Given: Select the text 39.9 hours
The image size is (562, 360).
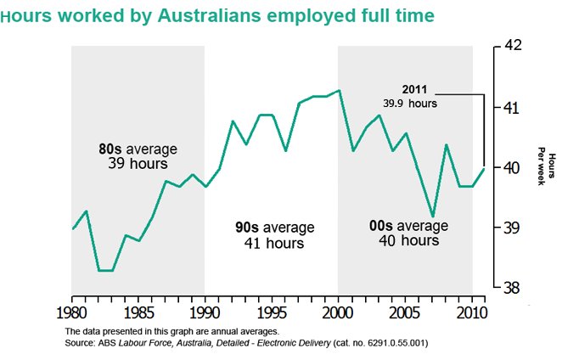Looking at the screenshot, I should (411, 103).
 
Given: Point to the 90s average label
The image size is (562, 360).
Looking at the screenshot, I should (274, 228).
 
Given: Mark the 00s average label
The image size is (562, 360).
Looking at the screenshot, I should (408, 227).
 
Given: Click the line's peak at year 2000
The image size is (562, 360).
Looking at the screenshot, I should (339, 90).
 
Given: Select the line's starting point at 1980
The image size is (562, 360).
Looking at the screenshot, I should (72, 229).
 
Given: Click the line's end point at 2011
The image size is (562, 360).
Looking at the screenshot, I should (485, 168).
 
